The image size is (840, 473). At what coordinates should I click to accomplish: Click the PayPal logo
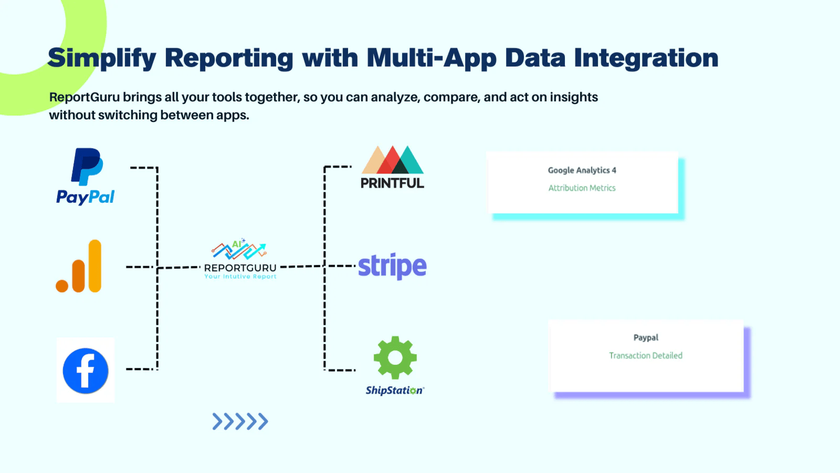tap(86, 176)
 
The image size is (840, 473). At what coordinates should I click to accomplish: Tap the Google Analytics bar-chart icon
tap(79, 266)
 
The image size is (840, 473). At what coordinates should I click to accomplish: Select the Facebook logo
tap(86, 371)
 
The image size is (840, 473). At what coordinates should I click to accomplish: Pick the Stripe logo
tap(392, 266)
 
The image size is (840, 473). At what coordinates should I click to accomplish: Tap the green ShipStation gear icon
tap(395, 357)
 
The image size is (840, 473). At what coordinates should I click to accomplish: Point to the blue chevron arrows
tap(240, 421)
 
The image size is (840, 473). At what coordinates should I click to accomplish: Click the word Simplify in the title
tap(102, 58)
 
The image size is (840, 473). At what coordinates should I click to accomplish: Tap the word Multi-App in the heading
tap(431, 58)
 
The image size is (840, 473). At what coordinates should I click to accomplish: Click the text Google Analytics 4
tap(582, 170)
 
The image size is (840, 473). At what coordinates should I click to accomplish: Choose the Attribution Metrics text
tap(582, 188)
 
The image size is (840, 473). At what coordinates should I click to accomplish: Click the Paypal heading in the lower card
tap(646, 337)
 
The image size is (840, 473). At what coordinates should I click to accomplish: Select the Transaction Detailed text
tap(646, 356)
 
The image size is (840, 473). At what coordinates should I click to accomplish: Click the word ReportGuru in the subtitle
tap(84, 97)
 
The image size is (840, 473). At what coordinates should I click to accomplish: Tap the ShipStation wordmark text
tap(394, 390)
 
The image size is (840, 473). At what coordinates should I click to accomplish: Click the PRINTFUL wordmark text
tap(392, 183)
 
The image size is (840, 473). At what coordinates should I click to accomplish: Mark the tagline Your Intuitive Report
tap(240, 276)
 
